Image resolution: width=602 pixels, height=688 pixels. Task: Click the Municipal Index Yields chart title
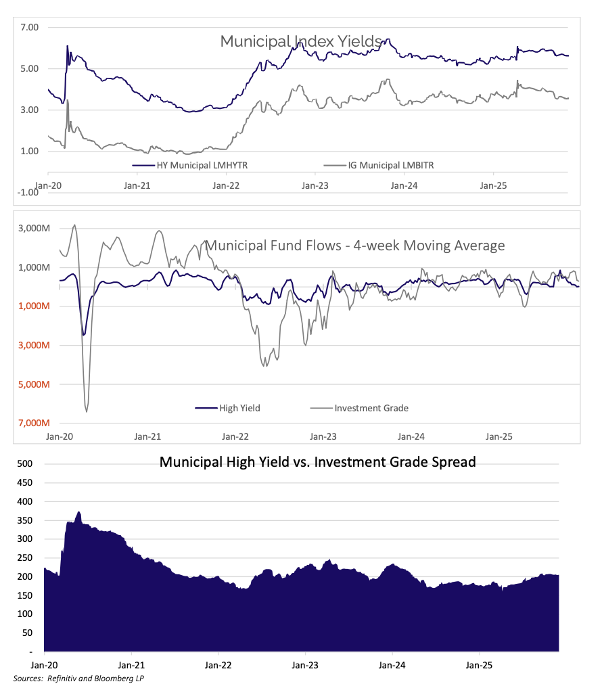coord(301,41)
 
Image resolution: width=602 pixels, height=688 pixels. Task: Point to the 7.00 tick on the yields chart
coord(30,27)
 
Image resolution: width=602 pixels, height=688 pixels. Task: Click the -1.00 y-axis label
coord(28,192)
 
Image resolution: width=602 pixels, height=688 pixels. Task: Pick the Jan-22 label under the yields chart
coord(227,184)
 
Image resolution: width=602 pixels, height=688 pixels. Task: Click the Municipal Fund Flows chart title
coord(354,246)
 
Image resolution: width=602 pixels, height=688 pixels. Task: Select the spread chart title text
coord(317,463)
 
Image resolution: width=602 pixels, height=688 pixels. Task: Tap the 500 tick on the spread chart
coord(25,464)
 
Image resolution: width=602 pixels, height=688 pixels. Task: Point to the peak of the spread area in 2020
coord(78,512)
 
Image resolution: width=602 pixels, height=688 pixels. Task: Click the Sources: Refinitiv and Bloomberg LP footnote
coord(78,678)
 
